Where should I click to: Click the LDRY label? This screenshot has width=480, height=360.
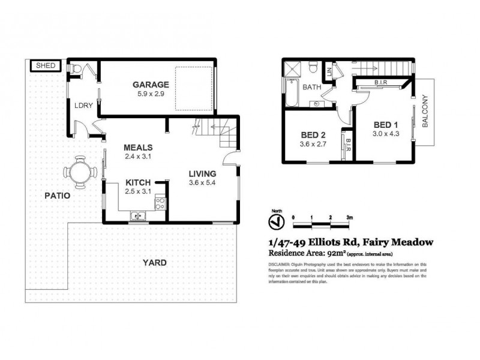83,106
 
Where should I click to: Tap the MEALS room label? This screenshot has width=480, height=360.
139,148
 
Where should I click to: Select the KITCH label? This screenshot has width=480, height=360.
139,183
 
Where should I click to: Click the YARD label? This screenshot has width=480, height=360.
154,262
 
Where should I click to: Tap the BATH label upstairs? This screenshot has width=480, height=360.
312,87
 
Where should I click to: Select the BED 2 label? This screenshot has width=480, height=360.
311,134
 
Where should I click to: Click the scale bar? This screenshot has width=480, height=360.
321,224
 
